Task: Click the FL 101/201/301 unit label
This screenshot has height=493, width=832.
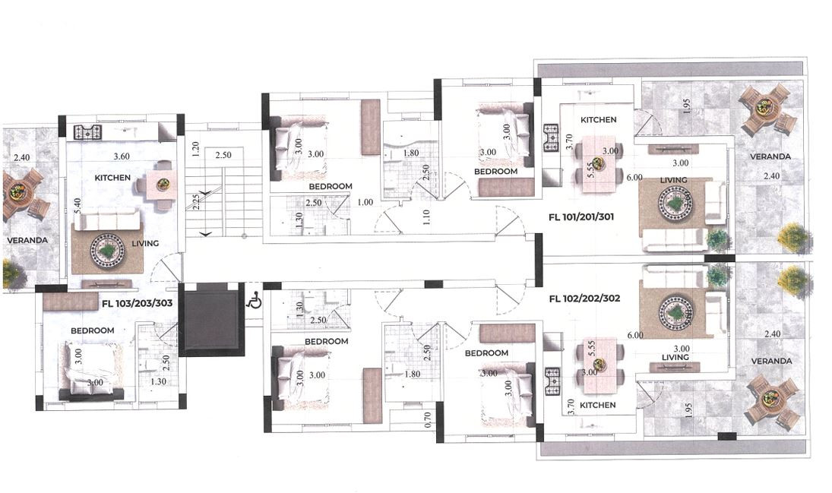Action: pyautogui.click(x=581, y=216)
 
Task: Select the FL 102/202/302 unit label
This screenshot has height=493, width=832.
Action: pyautogui.click(x=584, y=299)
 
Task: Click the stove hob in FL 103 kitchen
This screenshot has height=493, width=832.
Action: pyautogui.click(x=87, y=132)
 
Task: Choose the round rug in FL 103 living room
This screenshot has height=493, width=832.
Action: pyautogui.click(x=106, y=248)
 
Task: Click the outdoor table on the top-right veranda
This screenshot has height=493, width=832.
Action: pyautogui.click(x=768, y=109)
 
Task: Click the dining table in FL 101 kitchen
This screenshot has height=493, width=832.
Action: pyautogui.click(x=598, y=163)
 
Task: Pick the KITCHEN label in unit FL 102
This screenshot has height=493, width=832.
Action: pyautogui.click(x=598, y=405)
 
